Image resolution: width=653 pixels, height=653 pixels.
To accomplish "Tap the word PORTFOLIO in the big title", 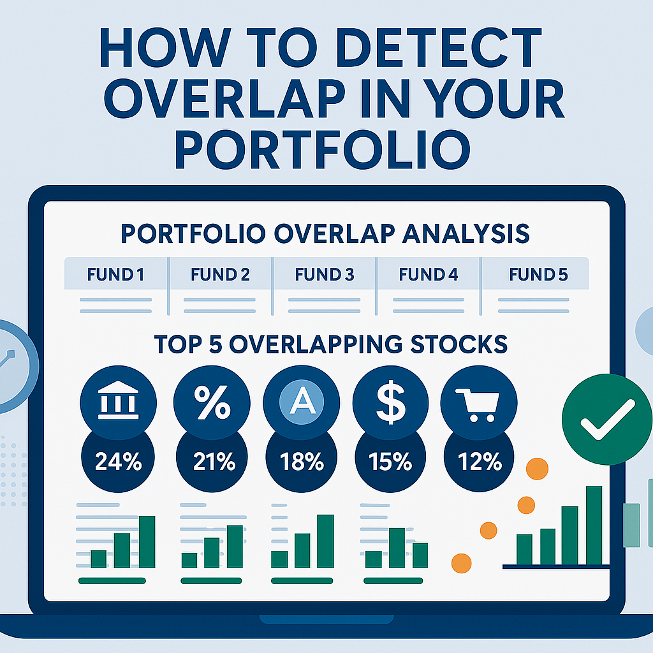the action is pos(323,149).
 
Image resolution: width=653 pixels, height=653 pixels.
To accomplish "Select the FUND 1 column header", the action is pos(115,274).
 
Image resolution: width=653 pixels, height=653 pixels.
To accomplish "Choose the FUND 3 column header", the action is pos(325,274).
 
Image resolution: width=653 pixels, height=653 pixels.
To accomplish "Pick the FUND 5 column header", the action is pos(538,274).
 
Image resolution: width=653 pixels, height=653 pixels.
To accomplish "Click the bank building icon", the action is pos(118,400).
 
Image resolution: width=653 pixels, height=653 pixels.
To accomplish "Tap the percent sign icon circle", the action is pos(212,403).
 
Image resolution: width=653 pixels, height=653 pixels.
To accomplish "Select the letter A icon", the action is pos(302,402).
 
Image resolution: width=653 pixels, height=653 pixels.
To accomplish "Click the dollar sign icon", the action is pos(391,403).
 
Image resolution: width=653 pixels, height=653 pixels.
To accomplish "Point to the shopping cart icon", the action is pos(478,405).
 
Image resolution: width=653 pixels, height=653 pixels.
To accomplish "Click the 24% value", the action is pos(119,462).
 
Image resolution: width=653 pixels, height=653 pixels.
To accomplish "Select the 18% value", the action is pos(302,462).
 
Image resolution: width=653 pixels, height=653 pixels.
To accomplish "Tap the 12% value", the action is pos(480,462).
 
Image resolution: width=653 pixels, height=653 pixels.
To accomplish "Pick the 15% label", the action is pos(390,462).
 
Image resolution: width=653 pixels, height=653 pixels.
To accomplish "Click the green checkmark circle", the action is pos(607,419).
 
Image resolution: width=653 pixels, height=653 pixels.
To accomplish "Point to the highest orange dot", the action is pos(537,469).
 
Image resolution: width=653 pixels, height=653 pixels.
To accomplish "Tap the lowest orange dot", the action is pos(462,564).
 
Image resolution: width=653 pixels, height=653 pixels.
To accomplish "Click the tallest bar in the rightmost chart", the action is pos(594,525).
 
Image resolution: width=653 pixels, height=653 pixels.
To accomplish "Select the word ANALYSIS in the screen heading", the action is pos(466,233).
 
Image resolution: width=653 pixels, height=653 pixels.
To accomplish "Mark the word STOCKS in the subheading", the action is pos(459,344).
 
